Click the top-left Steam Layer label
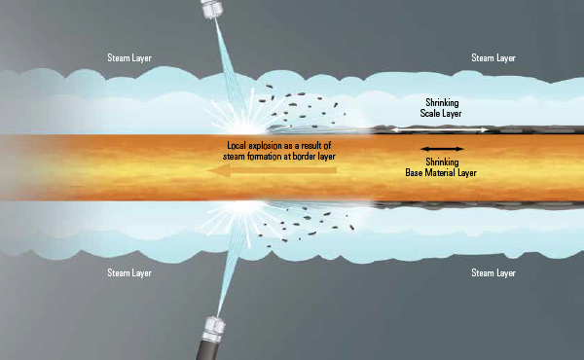(x=129, y=57)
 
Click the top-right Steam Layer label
(x=493, y=57)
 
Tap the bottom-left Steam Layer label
(x=129, y=272)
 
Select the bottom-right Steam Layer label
(x=493, y=272)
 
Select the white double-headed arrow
(x=443, y=128)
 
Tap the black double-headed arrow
(x=443, y=148)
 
